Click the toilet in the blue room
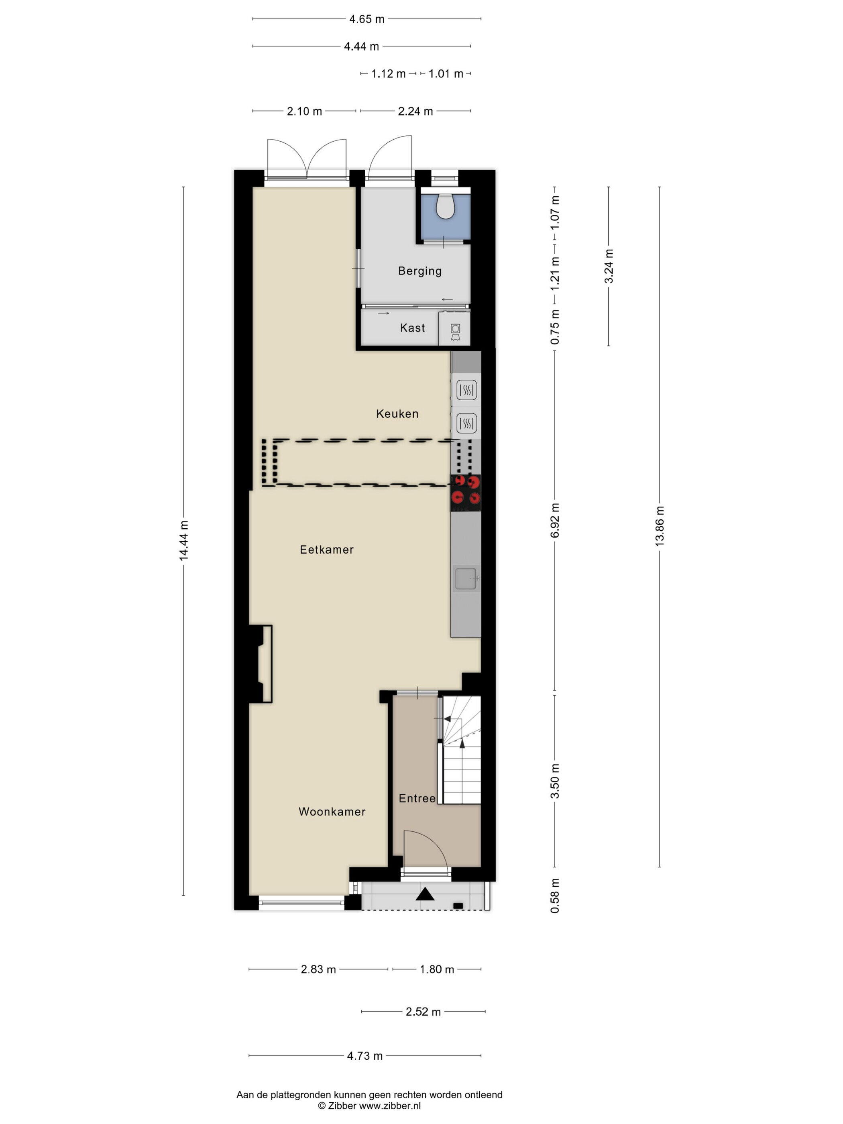point(446,206)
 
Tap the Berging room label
point(420,271)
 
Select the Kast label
point(412,328)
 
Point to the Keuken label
point(397,413)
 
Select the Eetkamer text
point(327,549)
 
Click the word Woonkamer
point(332,812)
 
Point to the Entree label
point(417,798)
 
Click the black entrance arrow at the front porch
point(425,894)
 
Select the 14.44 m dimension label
point(183,541)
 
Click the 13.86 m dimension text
point(660,526)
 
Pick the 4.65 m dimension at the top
point(367,19)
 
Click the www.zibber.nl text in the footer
point(390,1105)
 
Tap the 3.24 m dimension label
point(609,266)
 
